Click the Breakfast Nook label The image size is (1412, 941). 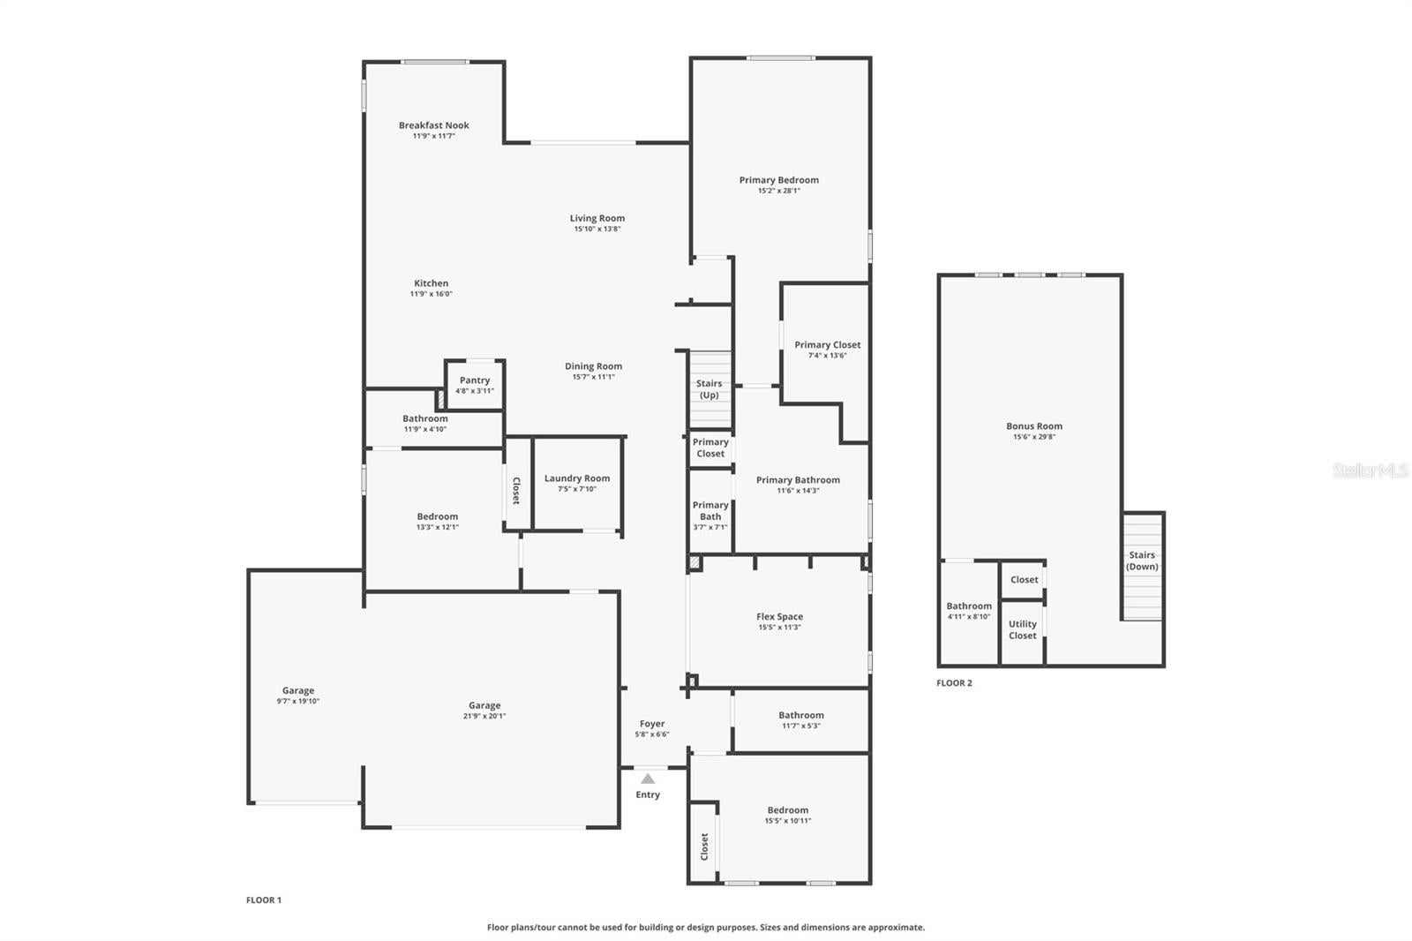point(433,125)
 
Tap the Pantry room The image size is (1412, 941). point(475,385)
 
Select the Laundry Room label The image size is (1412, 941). point(577,478)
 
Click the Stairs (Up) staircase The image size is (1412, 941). point(710,390)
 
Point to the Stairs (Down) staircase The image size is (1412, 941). point(1142,567)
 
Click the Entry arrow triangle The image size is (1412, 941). point(648,779)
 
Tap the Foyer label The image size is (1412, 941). point(652,724)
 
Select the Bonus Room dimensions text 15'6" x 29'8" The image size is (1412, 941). point(1033,436)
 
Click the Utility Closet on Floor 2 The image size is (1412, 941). point(1023,631)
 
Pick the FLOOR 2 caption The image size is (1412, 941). point(954,683)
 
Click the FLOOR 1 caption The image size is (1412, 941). point(264,900)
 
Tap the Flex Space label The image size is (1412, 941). point(780,617)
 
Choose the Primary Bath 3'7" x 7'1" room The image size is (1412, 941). point(710,511)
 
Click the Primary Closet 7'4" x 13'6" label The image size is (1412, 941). point(827,345)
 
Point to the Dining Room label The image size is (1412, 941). point(593,366)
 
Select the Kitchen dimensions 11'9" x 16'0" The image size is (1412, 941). point(432,294)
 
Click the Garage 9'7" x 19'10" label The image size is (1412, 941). point(298,690)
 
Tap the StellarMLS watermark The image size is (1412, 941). point(1371,470)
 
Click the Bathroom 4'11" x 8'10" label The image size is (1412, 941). point(969,606)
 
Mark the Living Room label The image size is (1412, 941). point(597,218)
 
